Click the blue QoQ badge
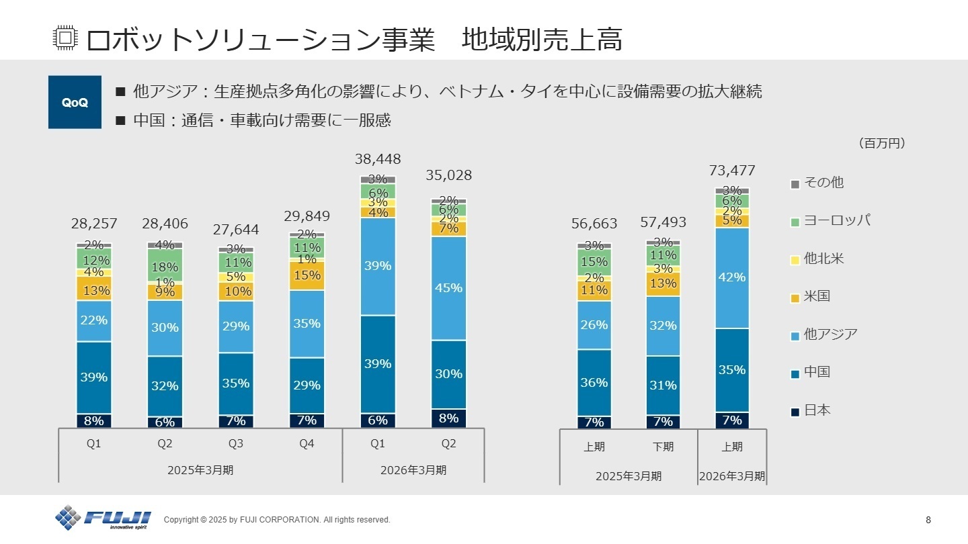coord(75,102)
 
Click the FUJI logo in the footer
coord(104,517)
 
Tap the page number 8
coord(928,520)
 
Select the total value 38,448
coord(378,159)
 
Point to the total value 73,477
coord(732,171)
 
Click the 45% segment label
coord(448,287)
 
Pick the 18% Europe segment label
coord(165,267)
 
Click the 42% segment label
coord(732,277)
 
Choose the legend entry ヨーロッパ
coord(836,220)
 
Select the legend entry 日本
coord(817,410)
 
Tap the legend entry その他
coord(823,183)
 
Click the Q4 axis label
coord(307,443)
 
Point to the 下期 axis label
coord(663,447)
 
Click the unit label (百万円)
coord(881,143)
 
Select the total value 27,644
coord(236,230)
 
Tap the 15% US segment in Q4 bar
coord(307,275)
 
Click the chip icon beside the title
coord(65,39)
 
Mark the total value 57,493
coord(663,222)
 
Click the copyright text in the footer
coord(277,520)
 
